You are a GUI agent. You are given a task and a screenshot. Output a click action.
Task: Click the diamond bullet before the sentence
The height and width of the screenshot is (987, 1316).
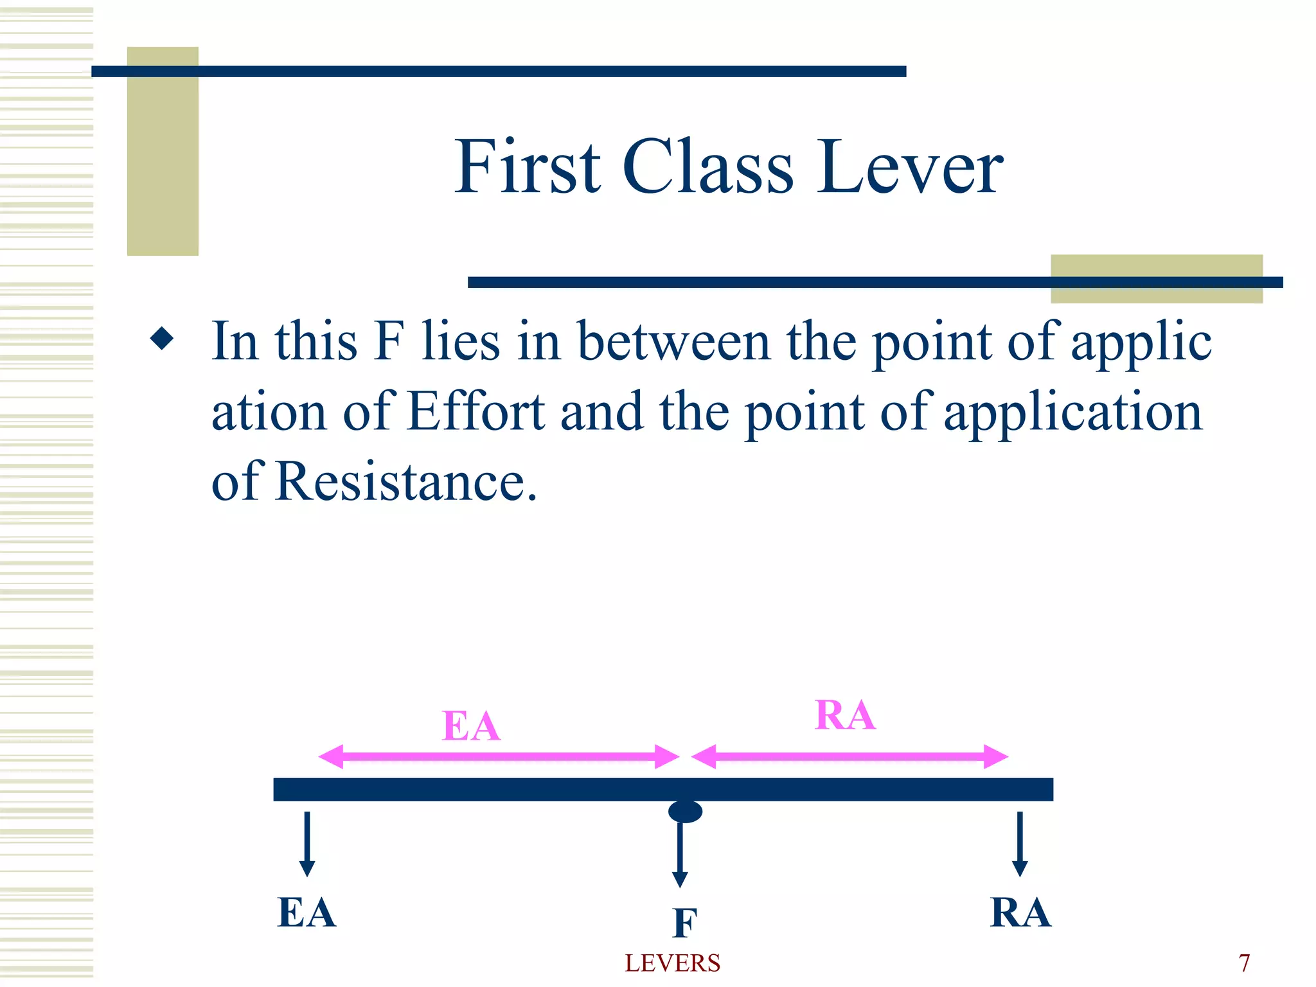tap(161, 339)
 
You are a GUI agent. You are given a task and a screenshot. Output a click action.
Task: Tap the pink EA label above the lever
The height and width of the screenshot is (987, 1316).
tap(471, 726)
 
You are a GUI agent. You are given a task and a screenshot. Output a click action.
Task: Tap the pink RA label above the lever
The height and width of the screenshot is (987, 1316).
tap(844, 715)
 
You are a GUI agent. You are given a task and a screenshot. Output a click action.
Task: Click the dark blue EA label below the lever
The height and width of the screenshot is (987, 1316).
tap(307, 912)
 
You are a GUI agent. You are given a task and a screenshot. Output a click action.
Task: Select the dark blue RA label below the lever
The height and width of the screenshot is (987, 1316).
tap(1020, 912)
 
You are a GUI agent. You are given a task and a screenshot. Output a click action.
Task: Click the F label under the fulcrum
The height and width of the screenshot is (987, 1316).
tap(685, 923)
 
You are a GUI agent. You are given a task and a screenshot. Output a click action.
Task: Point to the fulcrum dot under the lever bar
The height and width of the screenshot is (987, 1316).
tap(685, 812)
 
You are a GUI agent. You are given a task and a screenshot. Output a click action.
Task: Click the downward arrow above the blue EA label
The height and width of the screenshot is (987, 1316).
tap(307, 844)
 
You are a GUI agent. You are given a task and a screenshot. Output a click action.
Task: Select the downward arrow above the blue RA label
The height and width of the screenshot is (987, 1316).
tap(1020, 844)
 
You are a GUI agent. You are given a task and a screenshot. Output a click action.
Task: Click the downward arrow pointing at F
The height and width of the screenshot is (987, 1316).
tap(680, 855)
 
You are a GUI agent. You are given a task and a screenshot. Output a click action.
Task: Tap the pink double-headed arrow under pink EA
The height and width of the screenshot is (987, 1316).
tap(499, 756)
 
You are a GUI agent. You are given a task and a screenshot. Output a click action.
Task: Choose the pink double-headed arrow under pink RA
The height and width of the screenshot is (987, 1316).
tap(849, 756)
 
